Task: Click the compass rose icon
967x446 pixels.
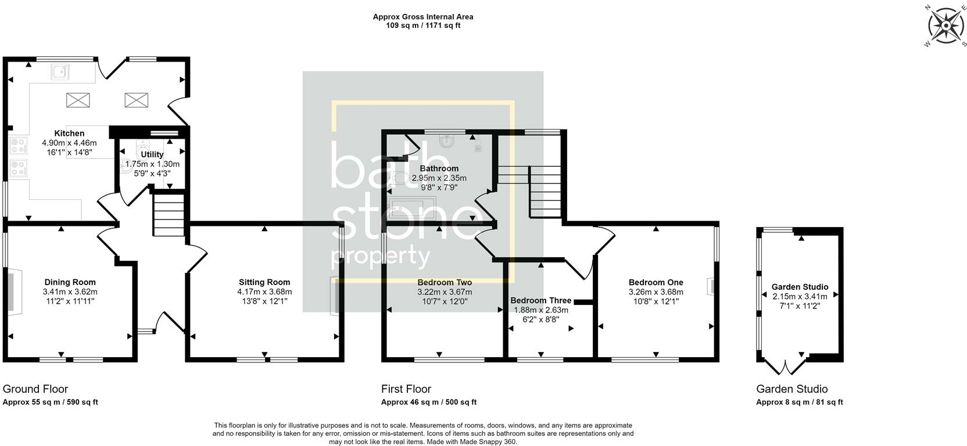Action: tap(945, 26)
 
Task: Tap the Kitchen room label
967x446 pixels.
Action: tap(69, 134)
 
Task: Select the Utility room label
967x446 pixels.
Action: tap(152, 155)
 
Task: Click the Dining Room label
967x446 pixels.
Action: tap(70, 283)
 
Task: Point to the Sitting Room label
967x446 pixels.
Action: tap(264, 283)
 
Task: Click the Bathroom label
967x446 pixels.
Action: tap(439, 169)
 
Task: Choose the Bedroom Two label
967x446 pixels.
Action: tap(445, 283)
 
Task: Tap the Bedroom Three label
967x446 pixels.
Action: tap(540, 301)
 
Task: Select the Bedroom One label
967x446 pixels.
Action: tap(656, 283)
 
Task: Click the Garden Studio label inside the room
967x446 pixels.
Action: tap(800, 287)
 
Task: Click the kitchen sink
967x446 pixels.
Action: tap(60, 72)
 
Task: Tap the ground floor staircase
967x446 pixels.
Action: tap(169, 215)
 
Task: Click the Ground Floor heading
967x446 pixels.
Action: tap(35, 389)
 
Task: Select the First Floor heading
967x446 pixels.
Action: tap(406, 389)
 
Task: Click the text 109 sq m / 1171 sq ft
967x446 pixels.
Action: tap(423, 26)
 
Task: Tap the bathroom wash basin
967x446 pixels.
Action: tap(447, 141)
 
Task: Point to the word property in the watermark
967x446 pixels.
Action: tap(380, 256)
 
